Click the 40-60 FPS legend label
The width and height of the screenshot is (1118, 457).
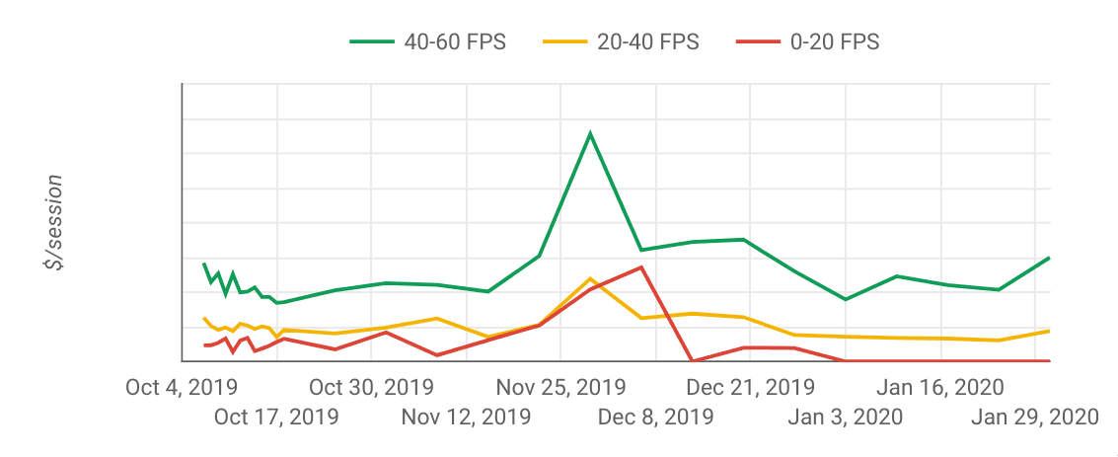pos(455,41)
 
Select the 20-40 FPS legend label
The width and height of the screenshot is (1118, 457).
pos(647,41)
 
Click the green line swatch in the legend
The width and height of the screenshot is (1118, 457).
pos(372,41)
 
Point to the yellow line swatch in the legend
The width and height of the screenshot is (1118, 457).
pos(565,41)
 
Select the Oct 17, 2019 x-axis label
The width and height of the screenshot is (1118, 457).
pos(276,417)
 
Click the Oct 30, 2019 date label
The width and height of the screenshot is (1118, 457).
pos(371,387)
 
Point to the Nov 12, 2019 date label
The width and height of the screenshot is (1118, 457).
pos(466,417)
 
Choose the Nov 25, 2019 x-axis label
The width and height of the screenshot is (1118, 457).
pos(560,387)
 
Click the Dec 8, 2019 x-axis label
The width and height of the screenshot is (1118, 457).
pos(655,417)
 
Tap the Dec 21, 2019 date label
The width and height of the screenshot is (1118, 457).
pos(750,387)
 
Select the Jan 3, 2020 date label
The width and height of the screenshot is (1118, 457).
pos(845,417)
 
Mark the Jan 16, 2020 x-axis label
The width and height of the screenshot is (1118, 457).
pos(940,387)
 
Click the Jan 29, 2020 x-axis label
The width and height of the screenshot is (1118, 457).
pos(1034,417)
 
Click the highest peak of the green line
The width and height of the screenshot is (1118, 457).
pos(590,132)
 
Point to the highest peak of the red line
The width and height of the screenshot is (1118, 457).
pos(642,267)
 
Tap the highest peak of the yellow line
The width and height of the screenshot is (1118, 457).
pos(590,278)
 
